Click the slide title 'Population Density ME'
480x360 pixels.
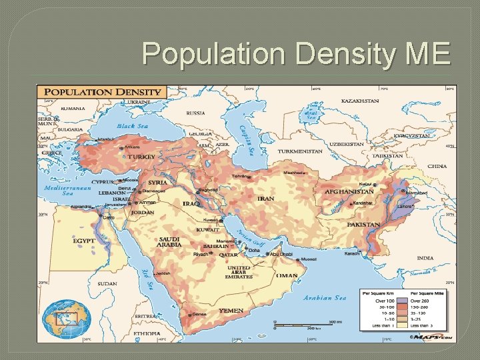tap(296, 53)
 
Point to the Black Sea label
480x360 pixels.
tap(132, 126)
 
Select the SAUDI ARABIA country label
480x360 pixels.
tap(169, 242)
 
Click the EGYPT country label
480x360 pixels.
tap(84, 240)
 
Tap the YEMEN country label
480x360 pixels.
tap(231, 311)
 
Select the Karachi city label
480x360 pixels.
tap(352, 253)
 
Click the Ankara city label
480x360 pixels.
tap(130, 147)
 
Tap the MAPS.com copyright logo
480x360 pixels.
tap(438, 337)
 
